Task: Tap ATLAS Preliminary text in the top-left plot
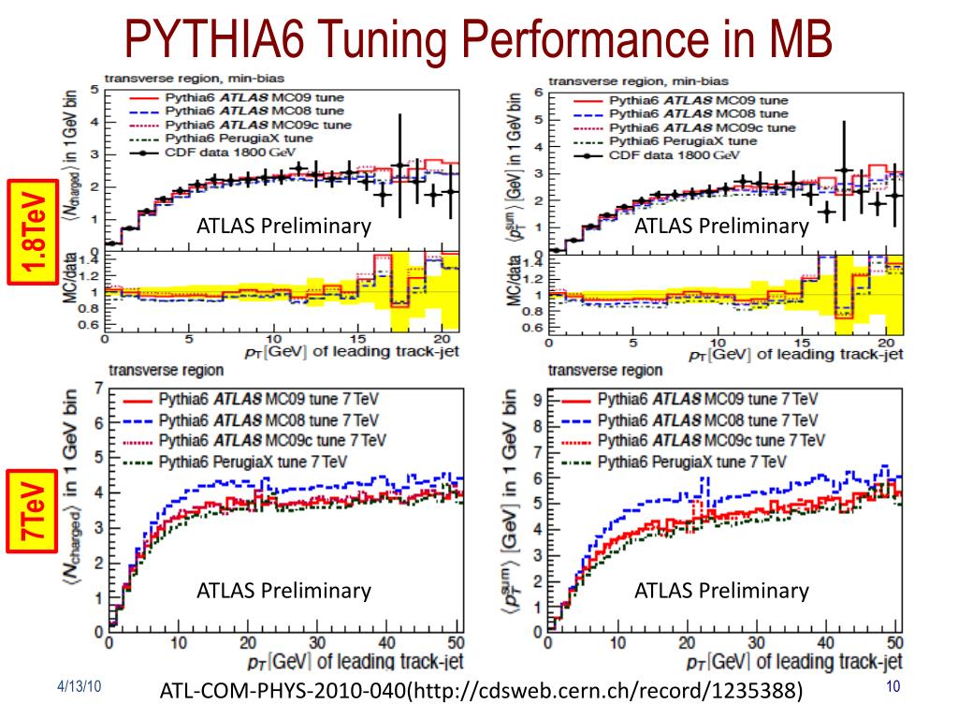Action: pos(283,226)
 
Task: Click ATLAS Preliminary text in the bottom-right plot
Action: pos(721,590)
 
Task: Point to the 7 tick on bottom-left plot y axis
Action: pos(98,387)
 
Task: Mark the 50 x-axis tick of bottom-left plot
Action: pos(457,643)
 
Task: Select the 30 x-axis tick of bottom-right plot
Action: pos(755,643)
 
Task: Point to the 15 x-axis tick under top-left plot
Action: pos(356,339)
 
